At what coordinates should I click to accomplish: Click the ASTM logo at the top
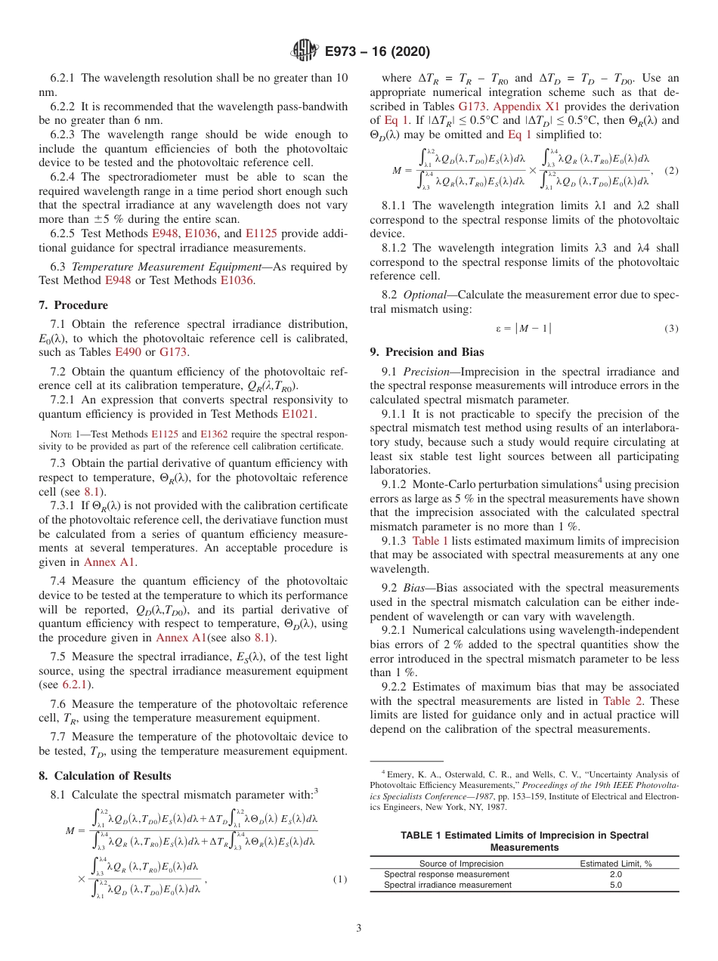(x=304, y=51)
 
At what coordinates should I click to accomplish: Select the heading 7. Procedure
(x=73, y=305)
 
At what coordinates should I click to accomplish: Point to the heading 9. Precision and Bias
(x=427, y=351)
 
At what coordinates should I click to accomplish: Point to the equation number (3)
(x=670, y=328)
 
